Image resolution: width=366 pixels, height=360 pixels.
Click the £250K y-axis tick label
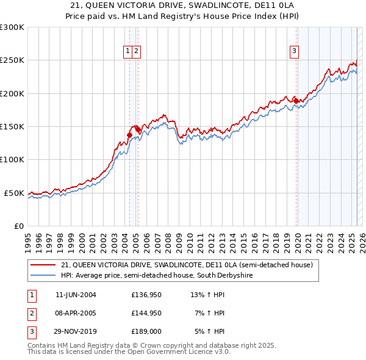(13, 60)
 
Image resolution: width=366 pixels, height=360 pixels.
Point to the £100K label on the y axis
(13, 159)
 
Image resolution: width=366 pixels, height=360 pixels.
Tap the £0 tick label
(19, 226)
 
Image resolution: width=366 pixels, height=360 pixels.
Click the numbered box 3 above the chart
(294, 52)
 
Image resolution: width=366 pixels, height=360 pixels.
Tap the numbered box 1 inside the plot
(128, 52)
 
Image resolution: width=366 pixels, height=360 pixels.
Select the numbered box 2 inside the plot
(136, 52)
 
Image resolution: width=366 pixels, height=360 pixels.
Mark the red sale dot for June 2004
(129, 135)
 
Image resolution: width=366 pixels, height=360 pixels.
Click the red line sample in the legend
(44, 265)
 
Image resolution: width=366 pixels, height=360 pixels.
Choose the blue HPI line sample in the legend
(44, 275)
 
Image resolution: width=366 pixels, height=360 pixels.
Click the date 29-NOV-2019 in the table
(76, 331)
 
